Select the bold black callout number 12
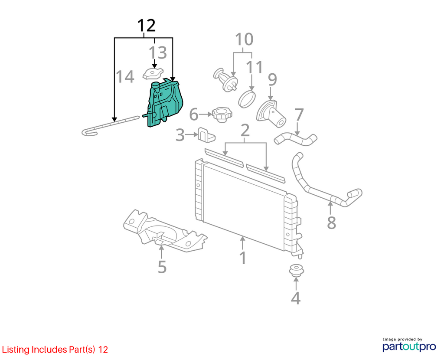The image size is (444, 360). [147, 26]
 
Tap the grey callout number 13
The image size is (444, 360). [158, 52]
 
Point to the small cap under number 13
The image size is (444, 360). [153, 74]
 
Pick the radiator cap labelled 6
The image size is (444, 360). [222, 114]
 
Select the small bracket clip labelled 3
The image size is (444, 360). [206, 134]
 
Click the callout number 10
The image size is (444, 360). [244, 39]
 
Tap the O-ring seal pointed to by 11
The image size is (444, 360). [247, 99]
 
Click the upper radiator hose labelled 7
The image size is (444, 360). [295, 139]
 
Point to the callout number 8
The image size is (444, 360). [332, 223]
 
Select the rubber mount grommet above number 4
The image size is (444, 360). [297, 271]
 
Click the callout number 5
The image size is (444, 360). [162, 267]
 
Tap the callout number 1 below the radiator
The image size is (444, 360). [243, 258]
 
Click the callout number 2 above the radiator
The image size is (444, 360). [245, 130]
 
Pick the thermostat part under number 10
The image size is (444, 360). [225, 80]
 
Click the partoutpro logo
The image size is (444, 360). [409, 345]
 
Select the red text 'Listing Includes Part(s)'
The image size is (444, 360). [49, 350]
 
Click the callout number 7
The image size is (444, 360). [299, 114]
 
